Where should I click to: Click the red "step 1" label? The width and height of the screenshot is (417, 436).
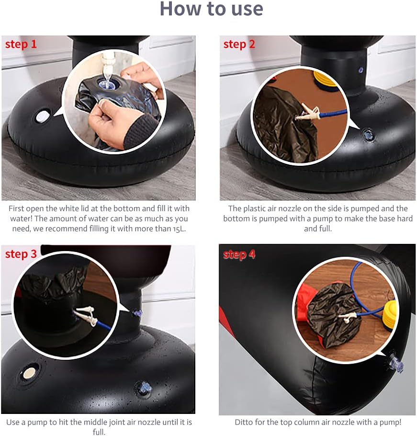pos(21,45)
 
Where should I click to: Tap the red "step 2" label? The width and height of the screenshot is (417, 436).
pos(239,45)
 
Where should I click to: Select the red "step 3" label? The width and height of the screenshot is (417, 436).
pos(21,254)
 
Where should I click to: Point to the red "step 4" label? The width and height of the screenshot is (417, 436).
pos(239,254)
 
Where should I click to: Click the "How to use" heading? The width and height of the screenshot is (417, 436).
pos(212,9)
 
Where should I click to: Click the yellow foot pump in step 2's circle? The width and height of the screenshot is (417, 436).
pos(327,79)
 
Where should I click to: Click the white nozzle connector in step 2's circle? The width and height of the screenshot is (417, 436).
pos(308,112)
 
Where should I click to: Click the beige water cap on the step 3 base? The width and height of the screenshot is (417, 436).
pos(29,373)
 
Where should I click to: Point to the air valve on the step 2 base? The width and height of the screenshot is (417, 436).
pos(368,136)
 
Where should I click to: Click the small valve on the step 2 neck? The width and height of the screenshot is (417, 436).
pos(361,70)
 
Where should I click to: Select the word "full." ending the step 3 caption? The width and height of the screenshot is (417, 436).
pos(99,432)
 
